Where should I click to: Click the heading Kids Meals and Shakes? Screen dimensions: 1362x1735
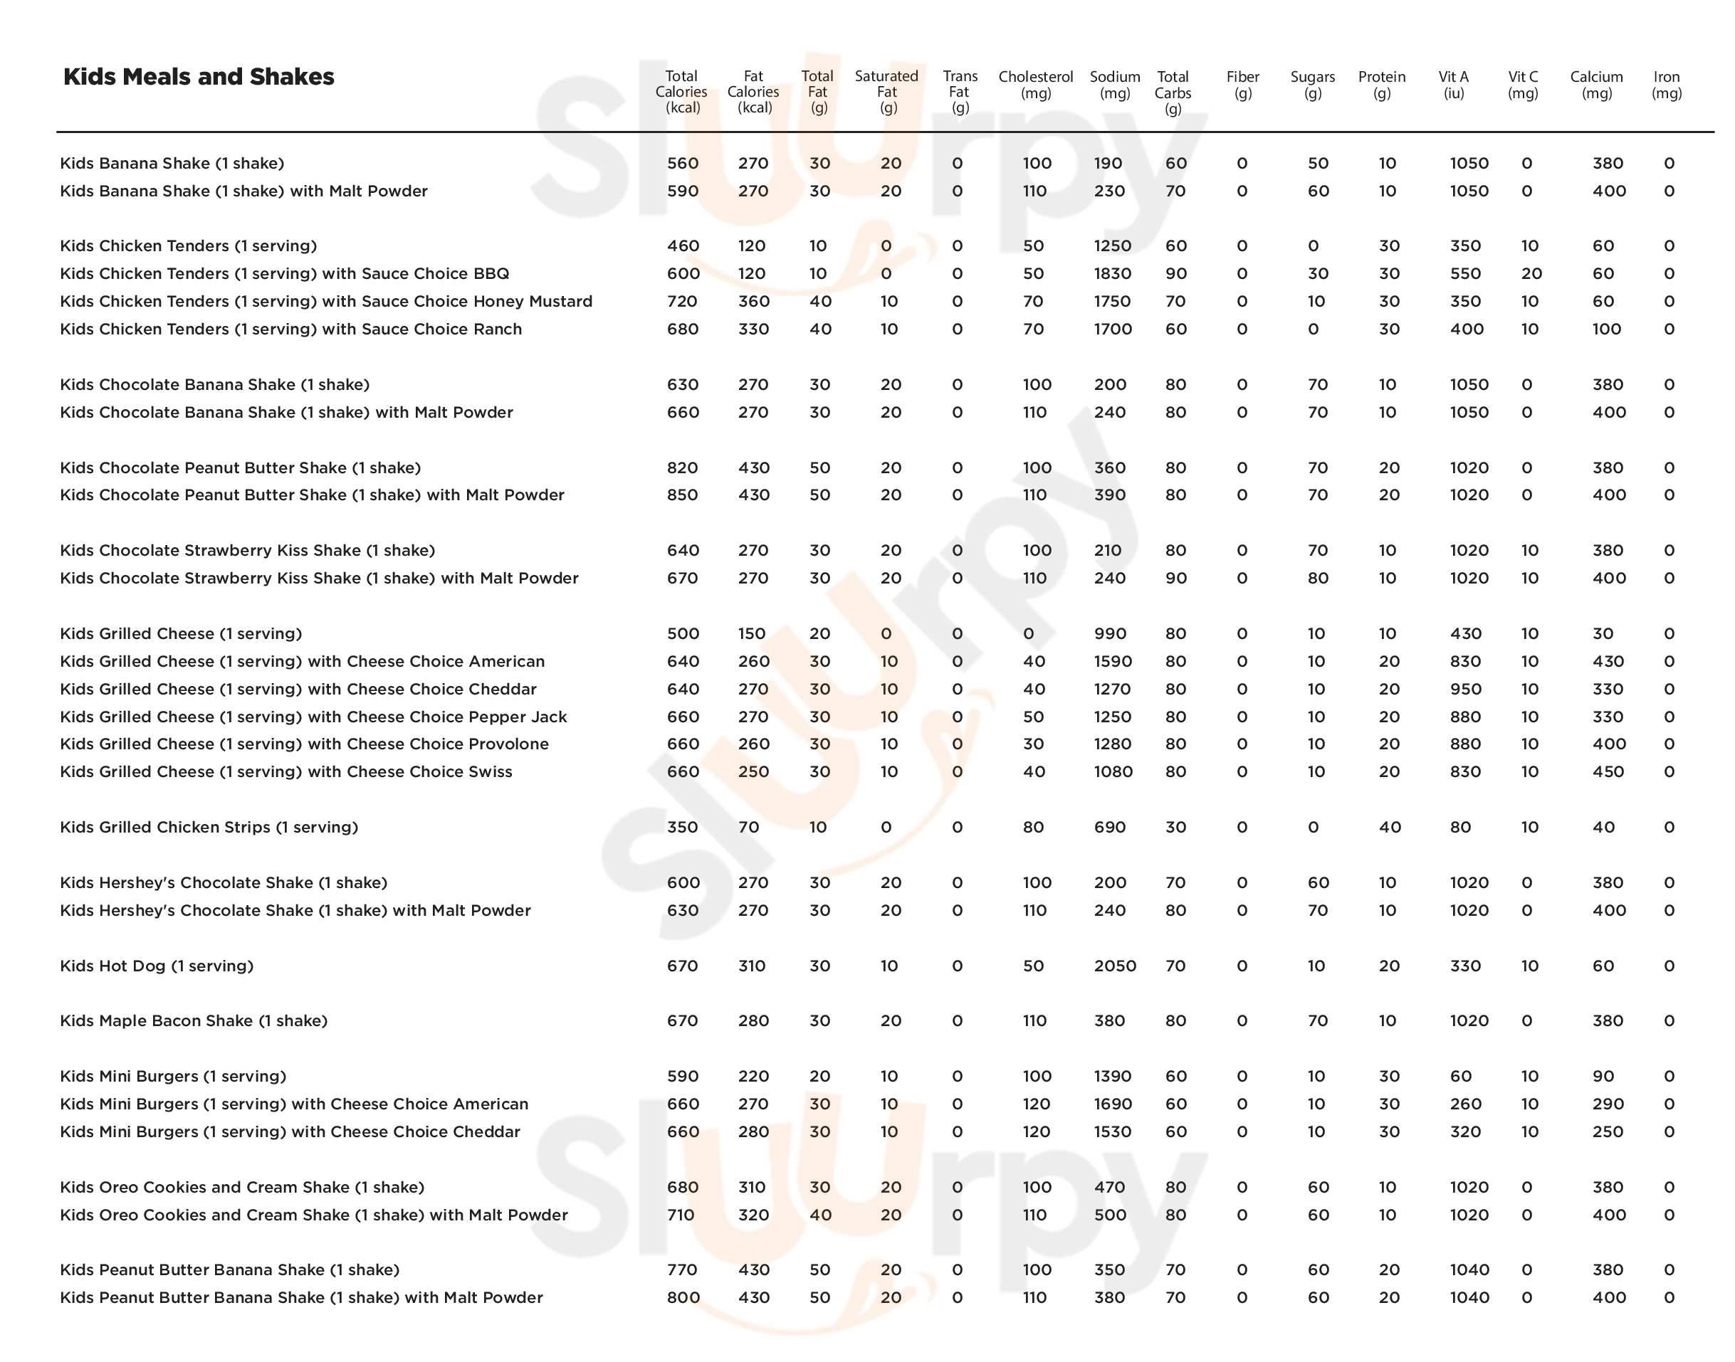[199, 77]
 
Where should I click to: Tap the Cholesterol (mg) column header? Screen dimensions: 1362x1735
[1035, 85]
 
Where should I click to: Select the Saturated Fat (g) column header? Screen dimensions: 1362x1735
[886, 92]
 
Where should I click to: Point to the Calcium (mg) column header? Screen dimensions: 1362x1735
[1596, 85]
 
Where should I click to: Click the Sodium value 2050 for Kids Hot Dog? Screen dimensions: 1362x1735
[1114, 966]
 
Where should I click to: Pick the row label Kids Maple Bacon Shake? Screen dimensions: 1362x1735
[194, 1020]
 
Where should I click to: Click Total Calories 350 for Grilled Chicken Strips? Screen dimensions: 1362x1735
[683, 827]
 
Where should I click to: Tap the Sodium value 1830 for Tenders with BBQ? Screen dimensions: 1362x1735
[1112, 273]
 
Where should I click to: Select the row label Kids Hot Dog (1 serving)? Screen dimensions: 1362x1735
[157, 966]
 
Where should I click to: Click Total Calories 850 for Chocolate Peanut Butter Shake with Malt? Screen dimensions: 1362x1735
[683, 495]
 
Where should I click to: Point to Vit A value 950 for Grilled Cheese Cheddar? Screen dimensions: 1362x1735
[1465, 689]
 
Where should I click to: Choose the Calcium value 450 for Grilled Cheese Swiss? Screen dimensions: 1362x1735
[1608, 771]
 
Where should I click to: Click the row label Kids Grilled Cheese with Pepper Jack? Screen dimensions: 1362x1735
[313, 716]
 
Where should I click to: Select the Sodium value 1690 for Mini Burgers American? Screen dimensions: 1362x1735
[1112, 1104]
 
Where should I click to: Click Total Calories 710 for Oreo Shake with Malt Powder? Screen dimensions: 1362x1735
[681, 1215]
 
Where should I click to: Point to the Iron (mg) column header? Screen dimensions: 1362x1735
[1667, 85]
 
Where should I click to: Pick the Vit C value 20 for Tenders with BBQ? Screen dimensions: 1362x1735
[1531, 273]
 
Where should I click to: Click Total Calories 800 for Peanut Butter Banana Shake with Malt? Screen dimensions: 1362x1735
[683, 1297]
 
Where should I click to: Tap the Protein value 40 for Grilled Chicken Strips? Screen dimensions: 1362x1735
[1390, 827]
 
